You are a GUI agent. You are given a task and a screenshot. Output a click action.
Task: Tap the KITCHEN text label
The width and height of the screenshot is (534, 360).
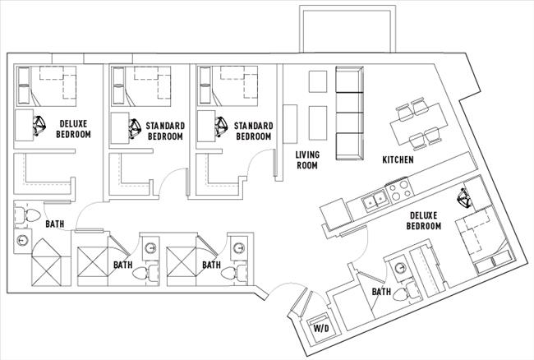click(397, 159)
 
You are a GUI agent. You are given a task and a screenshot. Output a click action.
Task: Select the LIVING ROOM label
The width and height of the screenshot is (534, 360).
click(307, 159)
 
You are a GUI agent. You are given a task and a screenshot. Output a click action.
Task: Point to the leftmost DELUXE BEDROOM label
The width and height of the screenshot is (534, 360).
click(73, 128)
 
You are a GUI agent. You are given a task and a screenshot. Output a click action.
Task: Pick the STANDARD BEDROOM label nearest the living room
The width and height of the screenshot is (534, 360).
click(253, 131)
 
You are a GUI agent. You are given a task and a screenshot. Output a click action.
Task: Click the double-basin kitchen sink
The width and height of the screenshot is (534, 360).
click(375, 198)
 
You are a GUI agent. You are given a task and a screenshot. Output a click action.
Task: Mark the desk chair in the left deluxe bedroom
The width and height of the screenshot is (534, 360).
click(39, 125)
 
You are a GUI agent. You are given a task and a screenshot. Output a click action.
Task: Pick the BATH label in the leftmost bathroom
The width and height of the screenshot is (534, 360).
click(54, 224)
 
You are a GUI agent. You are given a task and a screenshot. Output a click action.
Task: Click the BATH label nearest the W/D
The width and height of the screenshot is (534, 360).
click(380, 292)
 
